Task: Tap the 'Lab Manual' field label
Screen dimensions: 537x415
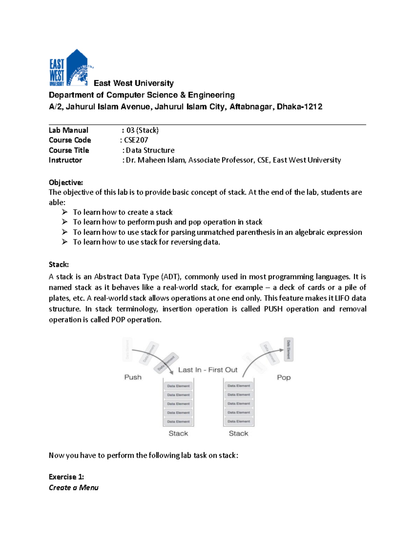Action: [x=68, y=130]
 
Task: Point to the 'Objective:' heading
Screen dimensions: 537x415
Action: [x=66, y=183]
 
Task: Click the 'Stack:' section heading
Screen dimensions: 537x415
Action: [x=59, y=265]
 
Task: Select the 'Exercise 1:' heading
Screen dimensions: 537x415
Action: [x=66, y=477]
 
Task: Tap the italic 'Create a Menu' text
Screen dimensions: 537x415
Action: [x=74, y=488]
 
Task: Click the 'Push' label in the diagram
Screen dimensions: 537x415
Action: [x=133, y=377]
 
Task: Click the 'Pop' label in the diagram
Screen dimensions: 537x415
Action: [x=284, y=378]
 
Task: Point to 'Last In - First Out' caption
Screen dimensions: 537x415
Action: [x=208, y=370]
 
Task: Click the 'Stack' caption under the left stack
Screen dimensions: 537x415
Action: [x=178, y=434]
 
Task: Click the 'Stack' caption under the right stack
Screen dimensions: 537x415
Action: [x=238, y=434]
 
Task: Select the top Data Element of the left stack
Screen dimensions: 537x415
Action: [x=178, y=386]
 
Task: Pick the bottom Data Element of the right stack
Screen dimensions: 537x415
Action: [x=239, y=422]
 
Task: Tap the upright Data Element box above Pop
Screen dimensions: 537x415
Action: [x=288, y=350]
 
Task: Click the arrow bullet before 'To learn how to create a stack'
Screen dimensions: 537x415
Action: [x=65, y=212]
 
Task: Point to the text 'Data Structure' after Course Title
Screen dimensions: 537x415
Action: [x=150, y=150]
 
